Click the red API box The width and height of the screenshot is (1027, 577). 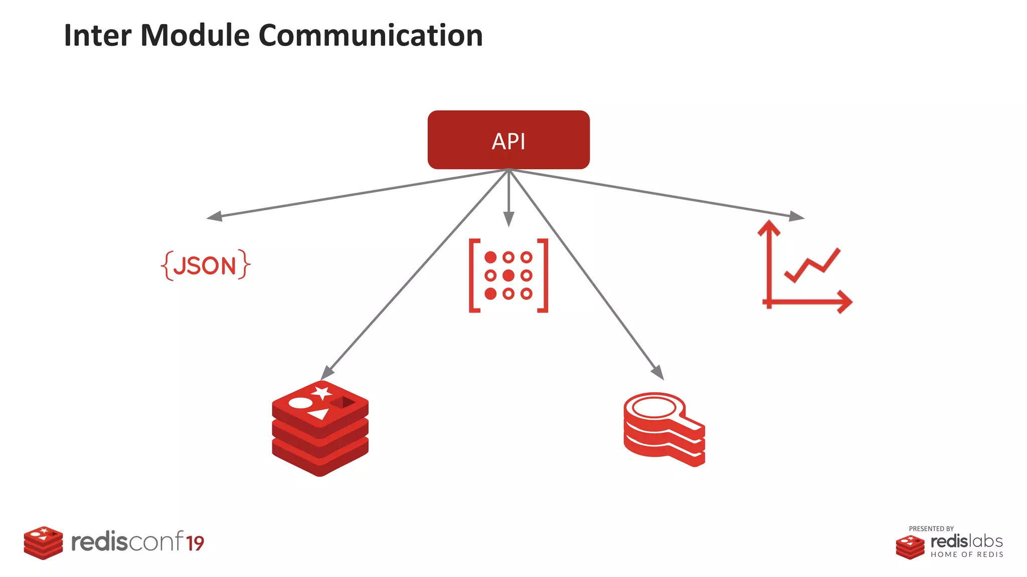tap(508, 140)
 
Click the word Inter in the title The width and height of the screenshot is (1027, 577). tap(97, 36)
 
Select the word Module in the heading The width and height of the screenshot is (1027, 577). tap(195, 36)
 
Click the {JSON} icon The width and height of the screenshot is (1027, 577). tap(206, 265)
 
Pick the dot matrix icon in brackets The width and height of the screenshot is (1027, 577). tap(508, 275)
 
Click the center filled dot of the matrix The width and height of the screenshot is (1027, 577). tap(508, 275)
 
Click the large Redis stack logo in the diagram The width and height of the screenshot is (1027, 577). tap(320, 428)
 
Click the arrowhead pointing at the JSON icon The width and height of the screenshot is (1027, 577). tap(214, 216)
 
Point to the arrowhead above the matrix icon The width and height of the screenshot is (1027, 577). tap(508, 219)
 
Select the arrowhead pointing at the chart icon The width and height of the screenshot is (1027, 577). tap(796, 216)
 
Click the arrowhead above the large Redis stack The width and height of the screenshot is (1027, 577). tap(326, 373)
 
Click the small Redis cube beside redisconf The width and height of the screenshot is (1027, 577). tap(43, 542)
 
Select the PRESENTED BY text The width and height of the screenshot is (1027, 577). tap(931, 529)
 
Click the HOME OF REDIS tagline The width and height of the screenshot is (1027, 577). tap(966, 554)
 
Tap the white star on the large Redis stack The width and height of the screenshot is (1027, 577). tap(321, 392)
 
